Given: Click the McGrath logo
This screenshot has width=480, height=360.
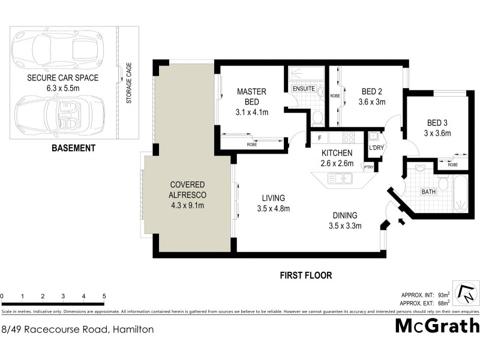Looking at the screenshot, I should click(x=437, y=326).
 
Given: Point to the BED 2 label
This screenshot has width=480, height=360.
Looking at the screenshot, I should click(x=373, y=97).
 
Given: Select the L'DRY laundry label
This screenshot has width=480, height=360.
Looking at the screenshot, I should click(x=376, y=148).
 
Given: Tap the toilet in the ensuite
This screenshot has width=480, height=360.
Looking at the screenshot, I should click(x=317, y=116).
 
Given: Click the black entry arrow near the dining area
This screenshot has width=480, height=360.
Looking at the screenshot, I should click(x=401, y=223).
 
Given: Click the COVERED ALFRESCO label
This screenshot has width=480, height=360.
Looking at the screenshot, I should click(x=188, y=194).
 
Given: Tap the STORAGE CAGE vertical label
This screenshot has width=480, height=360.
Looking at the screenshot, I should click(x=128, y=83).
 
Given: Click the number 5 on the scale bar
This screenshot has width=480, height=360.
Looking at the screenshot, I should click(x=104, y=296).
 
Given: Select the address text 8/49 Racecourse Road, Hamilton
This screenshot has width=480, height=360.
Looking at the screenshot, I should click(x=78, y=329).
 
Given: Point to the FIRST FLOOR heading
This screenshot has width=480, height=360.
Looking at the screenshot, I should click(x=305, y=275).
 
